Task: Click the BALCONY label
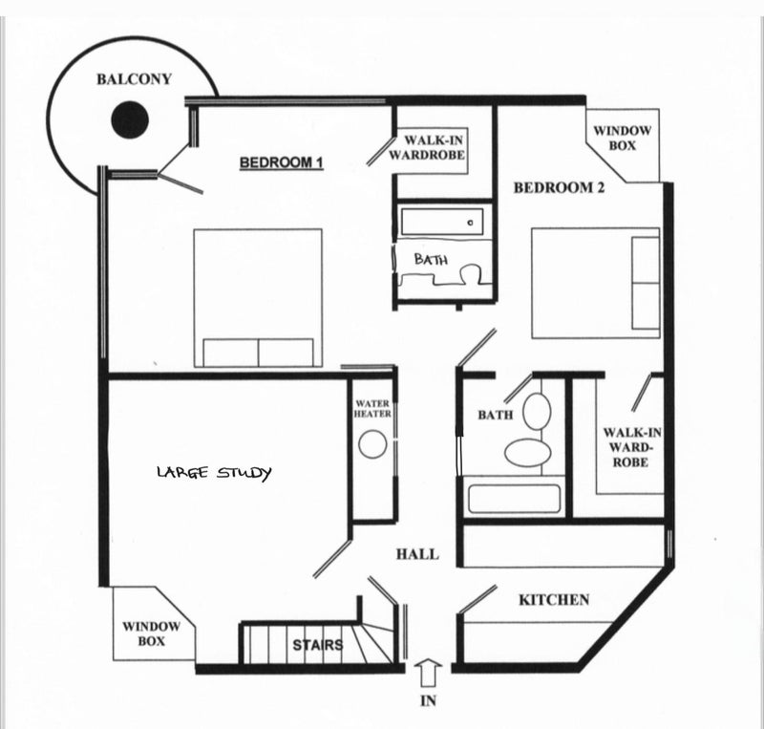click(134, 79)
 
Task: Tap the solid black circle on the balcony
click(130, 120)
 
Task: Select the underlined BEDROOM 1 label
click(282, 162)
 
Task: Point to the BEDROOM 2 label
click(559, 187)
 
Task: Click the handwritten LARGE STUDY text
click(214, 473)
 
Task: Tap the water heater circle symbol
click(372, 444)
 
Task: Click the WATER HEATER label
click(372, 409)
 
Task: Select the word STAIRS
click(318, 645)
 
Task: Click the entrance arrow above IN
click(428, 674)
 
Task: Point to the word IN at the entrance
click(428, 700)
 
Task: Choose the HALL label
click(417, 554)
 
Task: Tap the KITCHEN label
click(554, 600)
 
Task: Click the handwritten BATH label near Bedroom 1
click(432, 259)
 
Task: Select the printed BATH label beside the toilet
click(496, 415)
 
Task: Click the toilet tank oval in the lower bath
click(537, 411)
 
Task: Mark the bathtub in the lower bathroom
click(514, 499)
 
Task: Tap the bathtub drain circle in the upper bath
click(470, 223)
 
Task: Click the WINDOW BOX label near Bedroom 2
click(623, 138)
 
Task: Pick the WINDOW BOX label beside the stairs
click(151, 633)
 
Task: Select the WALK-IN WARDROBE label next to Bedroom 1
click(427, 148)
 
